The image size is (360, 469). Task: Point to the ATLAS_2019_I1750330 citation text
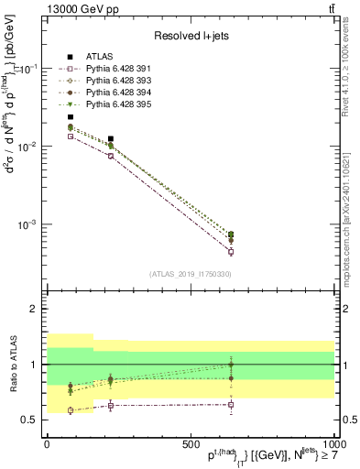click(x=190, y=274)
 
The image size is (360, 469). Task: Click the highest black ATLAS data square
click(x=71, y=117)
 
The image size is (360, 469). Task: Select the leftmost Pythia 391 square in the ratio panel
click(x=71, y=410)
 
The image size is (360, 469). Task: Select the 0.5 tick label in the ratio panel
click(x=30, y=420)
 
